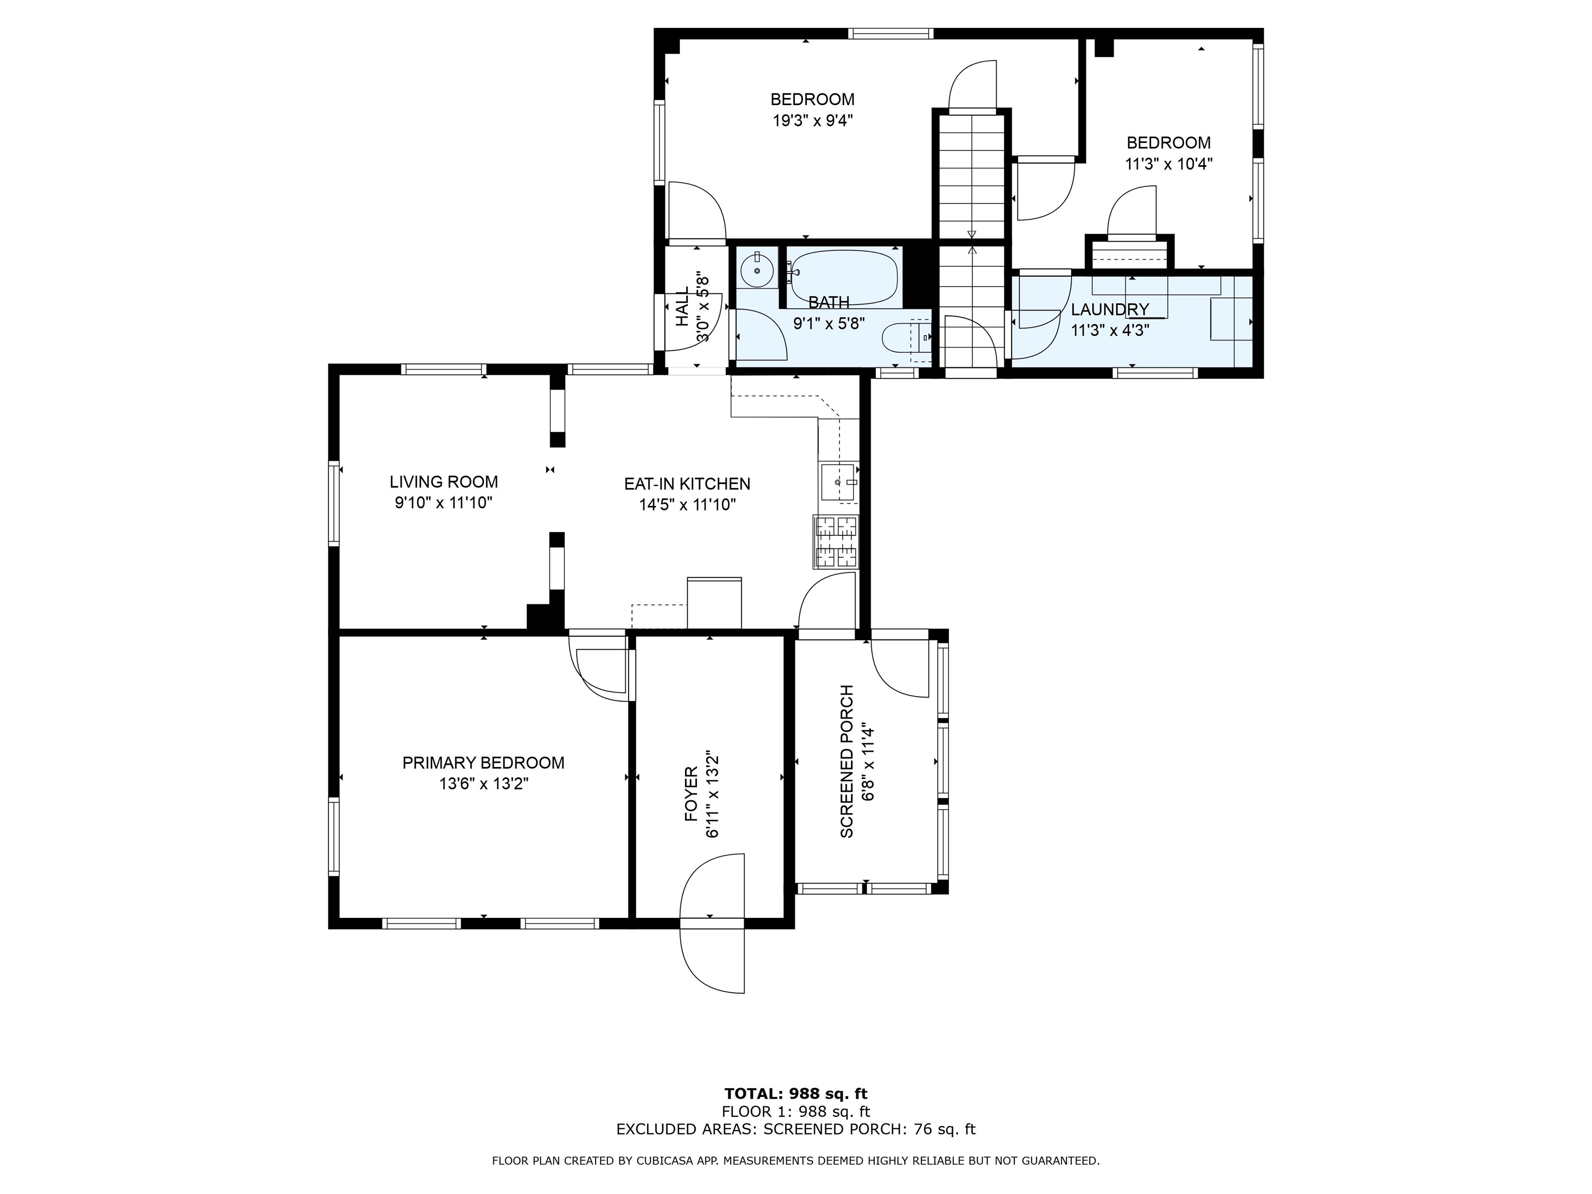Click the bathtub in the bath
844,277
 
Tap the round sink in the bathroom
757,270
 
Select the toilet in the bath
907,337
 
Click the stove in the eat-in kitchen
836,542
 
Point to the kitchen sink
839,482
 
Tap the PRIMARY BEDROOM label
483,763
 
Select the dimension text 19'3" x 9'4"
813,120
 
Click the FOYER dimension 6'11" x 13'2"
713,794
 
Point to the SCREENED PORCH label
846,761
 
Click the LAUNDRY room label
1110,309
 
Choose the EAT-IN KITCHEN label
687,484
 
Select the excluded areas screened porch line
796,1129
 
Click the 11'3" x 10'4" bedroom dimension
1169,163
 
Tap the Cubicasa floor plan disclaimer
796,1160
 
